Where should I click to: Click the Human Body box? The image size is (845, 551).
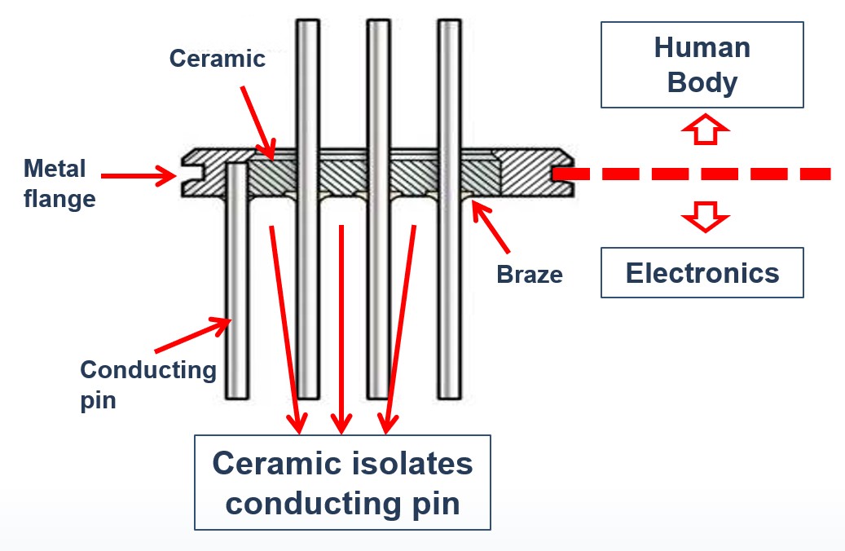click(702, 64)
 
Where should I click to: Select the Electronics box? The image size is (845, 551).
click(702, 273)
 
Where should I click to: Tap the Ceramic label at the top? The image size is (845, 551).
click(218, 58)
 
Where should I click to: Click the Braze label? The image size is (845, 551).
click(530, 275)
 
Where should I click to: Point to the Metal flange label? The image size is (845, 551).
click(59, 183)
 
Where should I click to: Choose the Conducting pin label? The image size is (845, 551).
click(148, 385)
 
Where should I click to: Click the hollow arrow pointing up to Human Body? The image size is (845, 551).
click(706, 129)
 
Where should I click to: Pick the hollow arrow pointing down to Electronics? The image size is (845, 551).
click(706, 217)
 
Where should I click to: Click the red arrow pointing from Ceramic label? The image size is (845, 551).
click(258, 123)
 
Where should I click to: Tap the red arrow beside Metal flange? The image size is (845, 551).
click(139, 175)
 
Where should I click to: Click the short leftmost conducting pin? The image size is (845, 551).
click(237, 280)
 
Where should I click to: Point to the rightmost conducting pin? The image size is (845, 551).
click(450, 209)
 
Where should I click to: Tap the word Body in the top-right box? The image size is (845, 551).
click(702, 84)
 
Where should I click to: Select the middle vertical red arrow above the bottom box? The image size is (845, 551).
click(341, 329)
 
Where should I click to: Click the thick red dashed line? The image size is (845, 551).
click(692, 174)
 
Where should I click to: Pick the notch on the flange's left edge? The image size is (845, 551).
click(190, 174)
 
